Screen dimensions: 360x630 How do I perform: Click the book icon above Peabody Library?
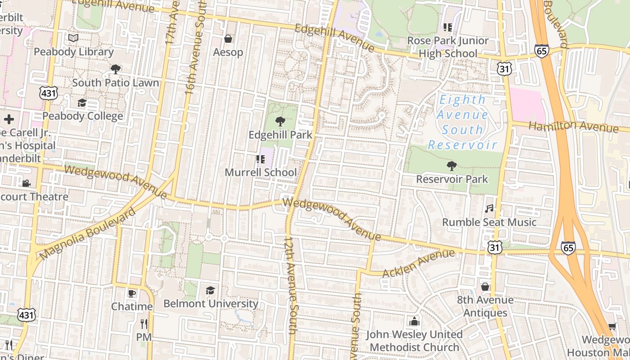point(73,38)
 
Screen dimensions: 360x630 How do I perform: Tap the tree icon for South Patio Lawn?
point(115,69)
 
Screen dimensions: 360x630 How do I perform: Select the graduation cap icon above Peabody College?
point(81,103)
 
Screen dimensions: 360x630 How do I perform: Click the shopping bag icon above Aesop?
point(228,39)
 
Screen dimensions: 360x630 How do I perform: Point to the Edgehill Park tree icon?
point(280,121)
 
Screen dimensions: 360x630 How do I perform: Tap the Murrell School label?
point(261,172)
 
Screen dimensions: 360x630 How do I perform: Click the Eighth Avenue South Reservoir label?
point(462,122)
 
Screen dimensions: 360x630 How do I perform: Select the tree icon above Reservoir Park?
point(451,166)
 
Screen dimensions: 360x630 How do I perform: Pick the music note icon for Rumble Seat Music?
point(489,208)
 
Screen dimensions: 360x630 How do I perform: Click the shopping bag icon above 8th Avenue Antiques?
point(485,286)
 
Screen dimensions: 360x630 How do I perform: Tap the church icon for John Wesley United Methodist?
point(414,321)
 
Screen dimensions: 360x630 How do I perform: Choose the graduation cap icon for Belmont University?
point(210,290)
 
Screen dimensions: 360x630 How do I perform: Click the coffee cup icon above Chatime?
point(131,293)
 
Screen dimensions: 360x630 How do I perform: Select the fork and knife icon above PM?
point(144,324)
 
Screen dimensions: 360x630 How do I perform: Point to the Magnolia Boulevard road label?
point(87,234)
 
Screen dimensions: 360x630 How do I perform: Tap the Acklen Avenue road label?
point(418,264)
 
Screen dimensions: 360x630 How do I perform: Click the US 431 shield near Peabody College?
point(48,93)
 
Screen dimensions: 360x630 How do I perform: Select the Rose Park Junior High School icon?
point(447,27)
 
